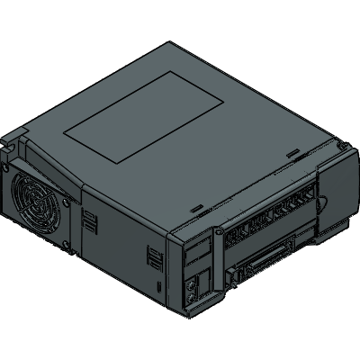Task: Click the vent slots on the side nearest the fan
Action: [x=91, y=221]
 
